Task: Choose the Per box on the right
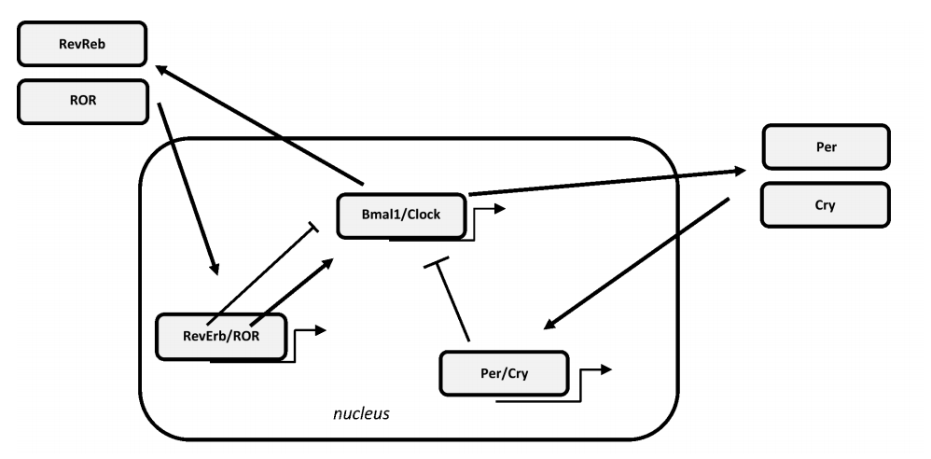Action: [826, 147]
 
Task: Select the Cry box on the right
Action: [825, 205]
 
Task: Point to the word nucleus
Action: [361, 412]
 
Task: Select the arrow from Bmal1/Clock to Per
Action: [606, 183]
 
